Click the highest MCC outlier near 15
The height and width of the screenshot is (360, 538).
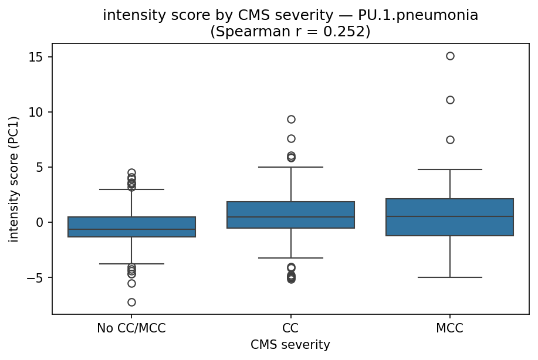click(450, 56)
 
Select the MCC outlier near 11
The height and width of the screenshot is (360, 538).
click(450, 100)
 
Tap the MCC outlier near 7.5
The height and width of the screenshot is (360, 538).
click(450, 140)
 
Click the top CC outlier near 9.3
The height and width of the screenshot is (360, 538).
click(291, 119)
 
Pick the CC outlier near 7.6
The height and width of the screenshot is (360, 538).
click(291, 138)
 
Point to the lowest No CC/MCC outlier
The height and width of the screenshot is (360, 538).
click(131, 302)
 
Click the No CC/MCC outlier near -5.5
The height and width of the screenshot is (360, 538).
click(131, 283)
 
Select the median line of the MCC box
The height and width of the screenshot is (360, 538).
click(450, 216)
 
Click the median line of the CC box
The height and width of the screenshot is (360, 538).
click(291, 217)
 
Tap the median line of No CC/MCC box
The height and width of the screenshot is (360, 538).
click(131, 229)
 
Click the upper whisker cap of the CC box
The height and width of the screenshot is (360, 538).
click(291, 167)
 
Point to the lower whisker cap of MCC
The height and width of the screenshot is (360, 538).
click(450, 277)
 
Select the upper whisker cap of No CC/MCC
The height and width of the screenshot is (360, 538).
click(131, 189)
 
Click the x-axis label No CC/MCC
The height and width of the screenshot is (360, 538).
click(131, 328)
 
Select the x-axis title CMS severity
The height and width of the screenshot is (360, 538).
click(290, 345)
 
